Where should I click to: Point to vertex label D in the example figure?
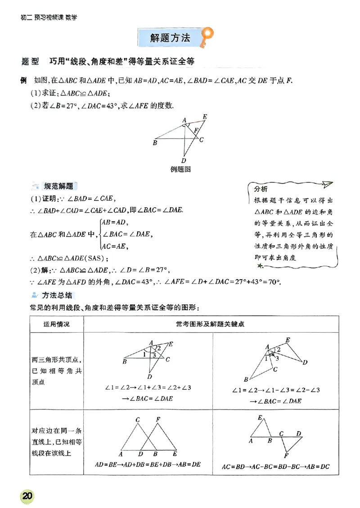coord(184,160)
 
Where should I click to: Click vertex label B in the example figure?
coord(155,143)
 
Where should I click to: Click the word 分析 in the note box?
coord(261,188)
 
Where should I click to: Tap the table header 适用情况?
coord(57,324)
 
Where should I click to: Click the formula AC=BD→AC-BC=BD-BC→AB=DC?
coord(276,466)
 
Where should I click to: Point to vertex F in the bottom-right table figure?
coord(286,456)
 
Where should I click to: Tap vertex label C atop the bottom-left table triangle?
coord(137,420)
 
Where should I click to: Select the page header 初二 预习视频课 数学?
coord(49,18)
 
